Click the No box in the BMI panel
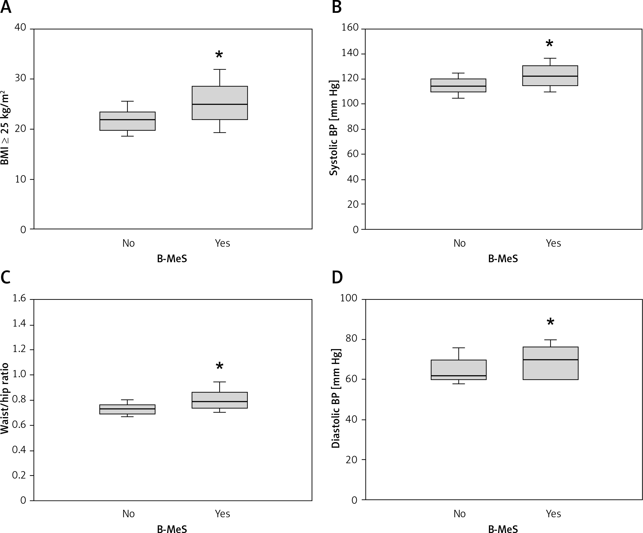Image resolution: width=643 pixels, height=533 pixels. [127, 121]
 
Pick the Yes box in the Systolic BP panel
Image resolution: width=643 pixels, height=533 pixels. [550, 76]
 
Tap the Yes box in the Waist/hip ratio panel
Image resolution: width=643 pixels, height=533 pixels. [219, 400]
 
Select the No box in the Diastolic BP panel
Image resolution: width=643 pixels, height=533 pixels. [459, 370]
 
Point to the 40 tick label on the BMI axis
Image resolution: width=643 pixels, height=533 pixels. [21, 27]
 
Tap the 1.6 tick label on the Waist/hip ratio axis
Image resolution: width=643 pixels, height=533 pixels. [19, 298]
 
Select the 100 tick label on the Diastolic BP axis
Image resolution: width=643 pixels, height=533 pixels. [349, 298]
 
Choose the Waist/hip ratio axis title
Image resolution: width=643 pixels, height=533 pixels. [4, 398]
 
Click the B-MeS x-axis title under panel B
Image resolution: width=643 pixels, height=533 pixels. [503, 259]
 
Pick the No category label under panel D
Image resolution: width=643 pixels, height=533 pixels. [460, 514]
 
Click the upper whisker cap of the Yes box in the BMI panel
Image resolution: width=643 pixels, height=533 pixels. [219, 70]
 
